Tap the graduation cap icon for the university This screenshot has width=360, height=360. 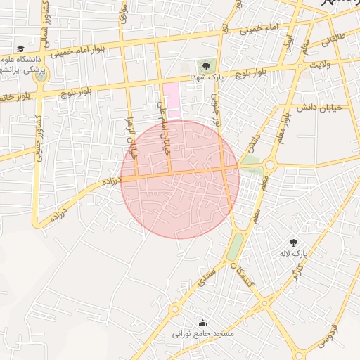pyautogui.click(x=21, y=50)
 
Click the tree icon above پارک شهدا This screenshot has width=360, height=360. pyautogui.click(x=206, y=65)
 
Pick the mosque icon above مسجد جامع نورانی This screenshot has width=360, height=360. pyautogui.click(x=203, y=323)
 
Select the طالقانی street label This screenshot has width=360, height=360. pyautogui.click(x=331, y=43)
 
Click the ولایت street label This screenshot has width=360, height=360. pyautogui.click(x=320, y=65)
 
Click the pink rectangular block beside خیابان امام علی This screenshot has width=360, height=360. pyautogui.click(x=172, y=101)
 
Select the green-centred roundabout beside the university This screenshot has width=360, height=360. pyautogui.click(x=41, y=75)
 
